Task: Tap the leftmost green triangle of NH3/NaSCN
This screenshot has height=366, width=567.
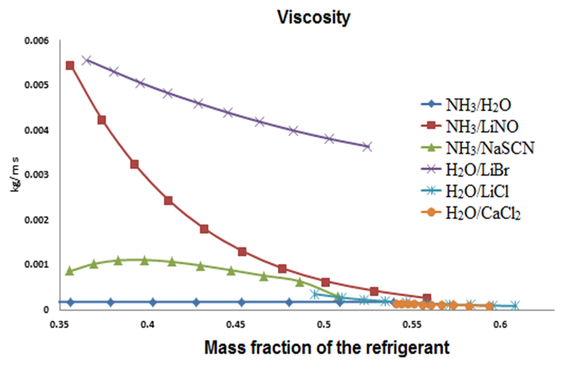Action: click(70, 270)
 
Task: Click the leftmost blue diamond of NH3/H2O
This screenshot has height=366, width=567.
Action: click(70, 302)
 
